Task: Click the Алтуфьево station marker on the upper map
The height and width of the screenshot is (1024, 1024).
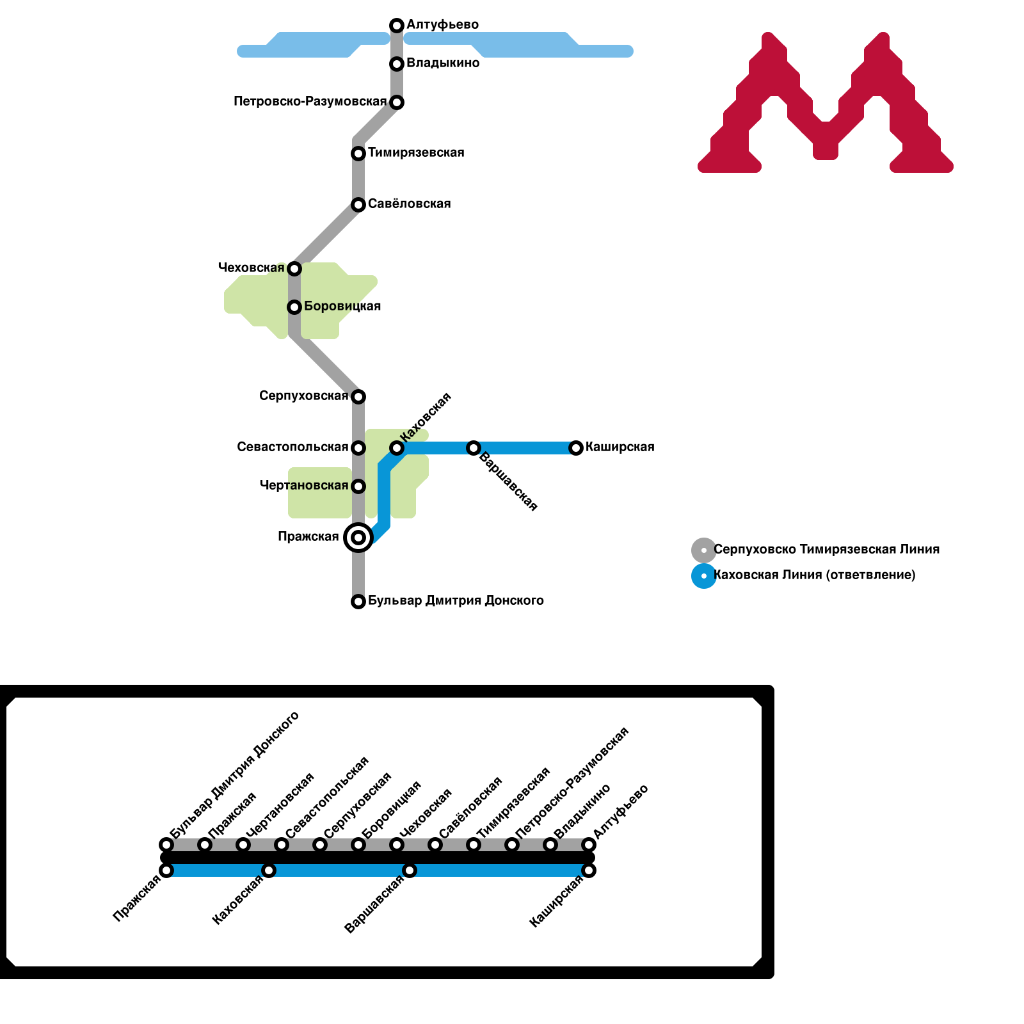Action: click(x=397, y=26)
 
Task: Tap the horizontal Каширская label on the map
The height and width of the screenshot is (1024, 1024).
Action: click(x=620, y=447)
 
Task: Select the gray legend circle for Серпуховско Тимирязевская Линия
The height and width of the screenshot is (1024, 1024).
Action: click(x=704, y=550)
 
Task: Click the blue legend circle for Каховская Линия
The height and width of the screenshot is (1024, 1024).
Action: click(x=704, y=576)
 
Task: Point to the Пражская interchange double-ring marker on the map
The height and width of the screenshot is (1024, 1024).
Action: click(x=358, y=537)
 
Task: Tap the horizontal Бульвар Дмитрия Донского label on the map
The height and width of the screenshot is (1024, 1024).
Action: click(x=456, y=600)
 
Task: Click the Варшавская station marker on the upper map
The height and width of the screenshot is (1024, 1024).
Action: click(x=474, y=448)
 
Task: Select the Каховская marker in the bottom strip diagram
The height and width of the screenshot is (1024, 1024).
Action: click(x=269, y=870)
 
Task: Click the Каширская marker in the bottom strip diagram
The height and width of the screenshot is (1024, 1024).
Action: click(x=589, y=870)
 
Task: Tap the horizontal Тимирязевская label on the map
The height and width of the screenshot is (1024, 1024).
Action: click(x=416, y=152)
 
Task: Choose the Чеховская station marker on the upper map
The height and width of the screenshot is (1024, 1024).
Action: click(x=294, y=268)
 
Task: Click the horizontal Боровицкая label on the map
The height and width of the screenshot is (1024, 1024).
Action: click(x=342, y=306)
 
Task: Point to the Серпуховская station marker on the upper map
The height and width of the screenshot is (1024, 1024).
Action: click(x=358, y=397)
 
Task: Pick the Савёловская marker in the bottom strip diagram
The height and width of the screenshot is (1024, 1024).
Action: click(x=435, y=845)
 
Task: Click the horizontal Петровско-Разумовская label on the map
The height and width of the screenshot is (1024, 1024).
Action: click(x=310, y=101)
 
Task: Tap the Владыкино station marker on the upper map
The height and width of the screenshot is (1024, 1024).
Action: click(x=397, y=64)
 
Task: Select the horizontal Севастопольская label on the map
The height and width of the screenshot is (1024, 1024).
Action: click(x=292, y=447)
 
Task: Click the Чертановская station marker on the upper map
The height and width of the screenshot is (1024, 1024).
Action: click(x=358, y=486)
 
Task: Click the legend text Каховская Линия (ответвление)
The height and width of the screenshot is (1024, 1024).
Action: click(x=814, y=575)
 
